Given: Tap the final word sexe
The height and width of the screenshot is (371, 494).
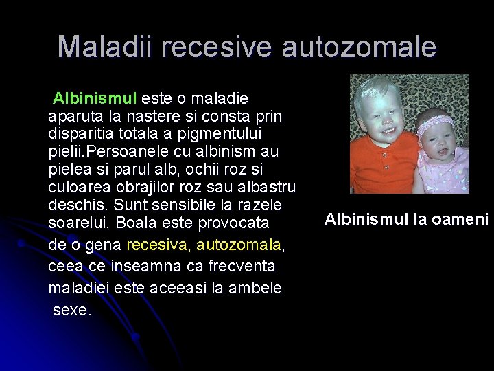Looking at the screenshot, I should tap(71, 310).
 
